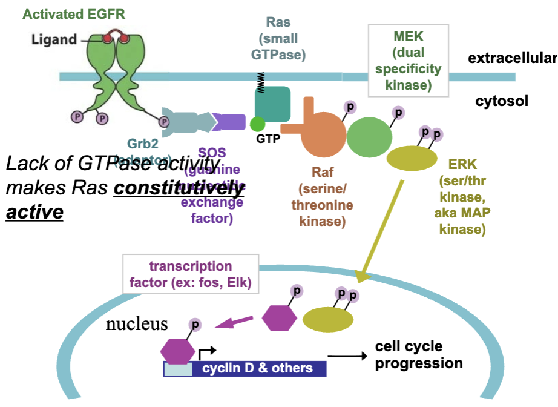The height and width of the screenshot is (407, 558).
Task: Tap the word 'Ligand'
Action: [54, 39]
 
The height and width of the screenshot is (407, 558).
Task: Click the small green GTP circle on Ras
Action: [257, 124]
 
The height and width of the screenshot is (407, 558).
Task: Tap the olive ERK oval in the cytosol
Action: [412, 159]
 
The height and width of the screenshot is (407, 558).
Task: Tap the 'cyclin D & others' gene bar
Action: [258, 368]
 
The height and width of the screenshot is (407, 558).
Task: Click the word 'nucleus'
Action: [137, 324]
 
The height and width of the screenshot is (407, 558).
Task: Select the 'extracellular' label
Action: [511, 58]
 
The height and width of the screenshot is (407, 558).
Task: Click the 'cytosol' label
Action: [502, 101]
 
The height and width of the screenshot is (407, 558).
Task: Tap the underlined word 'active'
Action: [34, 213]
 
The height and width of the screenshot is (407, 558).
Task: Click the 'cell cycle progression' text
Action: [418, 355]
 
